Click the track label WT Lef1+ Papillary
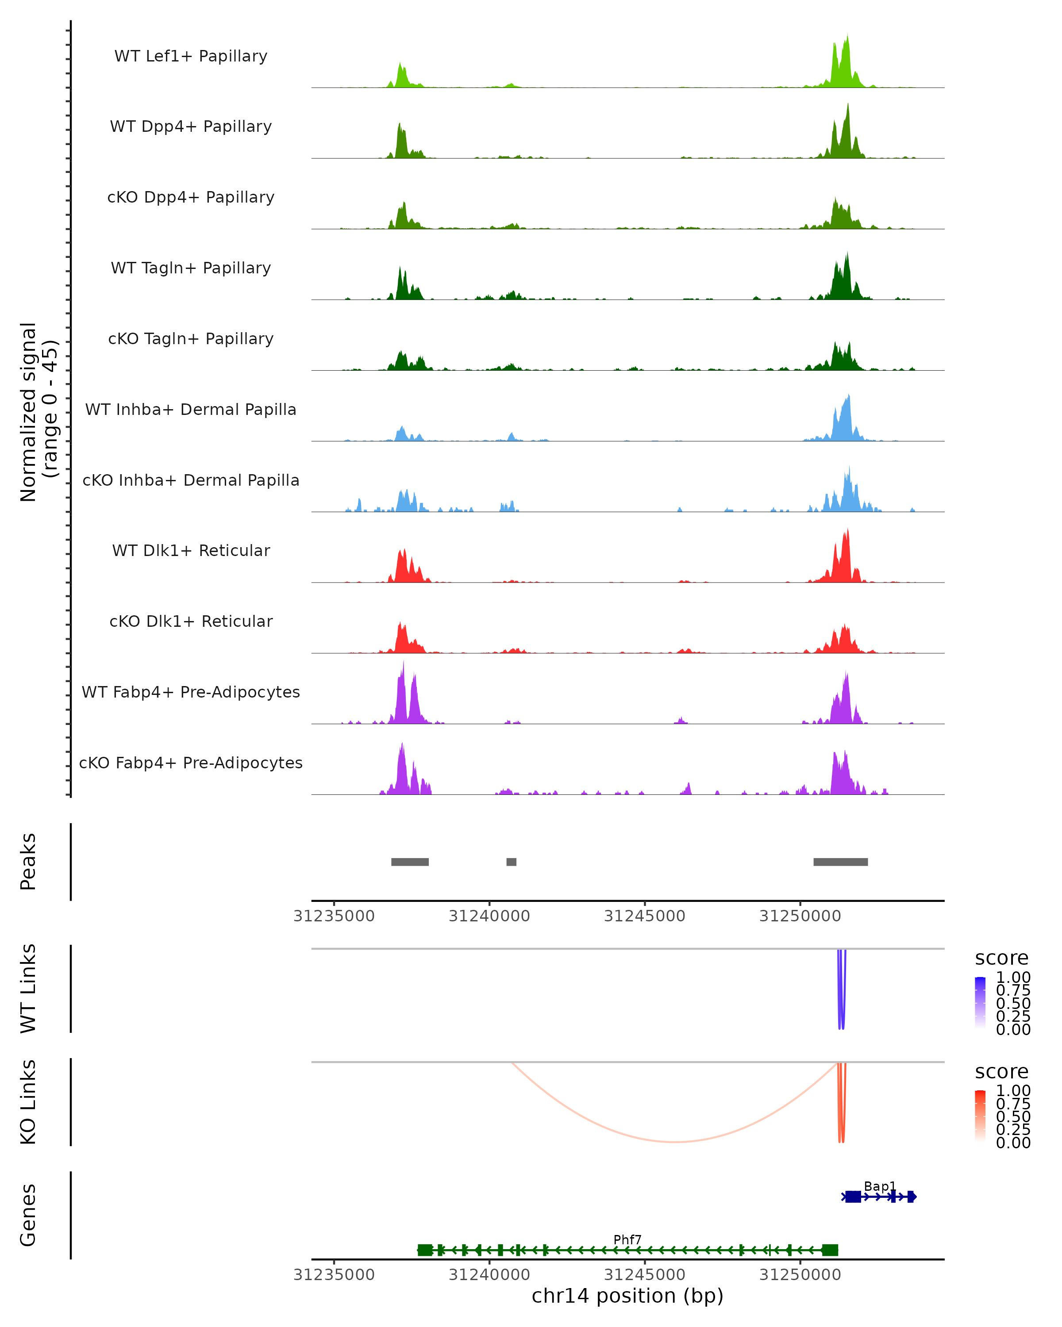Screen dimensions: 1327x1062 (x=191, y=56)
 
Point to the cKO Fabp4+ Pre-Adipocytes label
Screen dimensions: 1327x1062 (x=191, y=763)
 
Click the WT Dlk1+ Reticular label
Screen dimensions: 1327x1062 (x=191, y=550)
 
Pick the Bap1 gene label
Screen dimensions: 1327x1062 (x=880, y=1186)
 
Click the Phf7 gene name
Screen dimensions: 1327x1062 (x=627, y=1239)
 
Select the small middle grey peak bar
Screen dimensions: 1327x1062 (x=511, y=862)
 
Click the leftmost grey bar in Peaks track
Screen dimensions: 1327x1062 (x=410, y=862)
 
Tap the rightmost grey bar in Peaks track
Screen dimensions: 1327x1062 (x=840, y=862)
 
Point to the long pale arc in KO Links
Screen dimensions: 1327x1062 (x=675, y=1142)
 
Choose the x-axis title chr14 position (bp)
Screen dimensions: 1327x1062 (x=627, y=1296)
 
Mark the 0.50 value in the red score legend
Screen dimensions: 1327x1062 (x=1013, y=1116)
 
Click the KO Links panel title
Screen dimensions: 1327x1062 (x=28, y=1102)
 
